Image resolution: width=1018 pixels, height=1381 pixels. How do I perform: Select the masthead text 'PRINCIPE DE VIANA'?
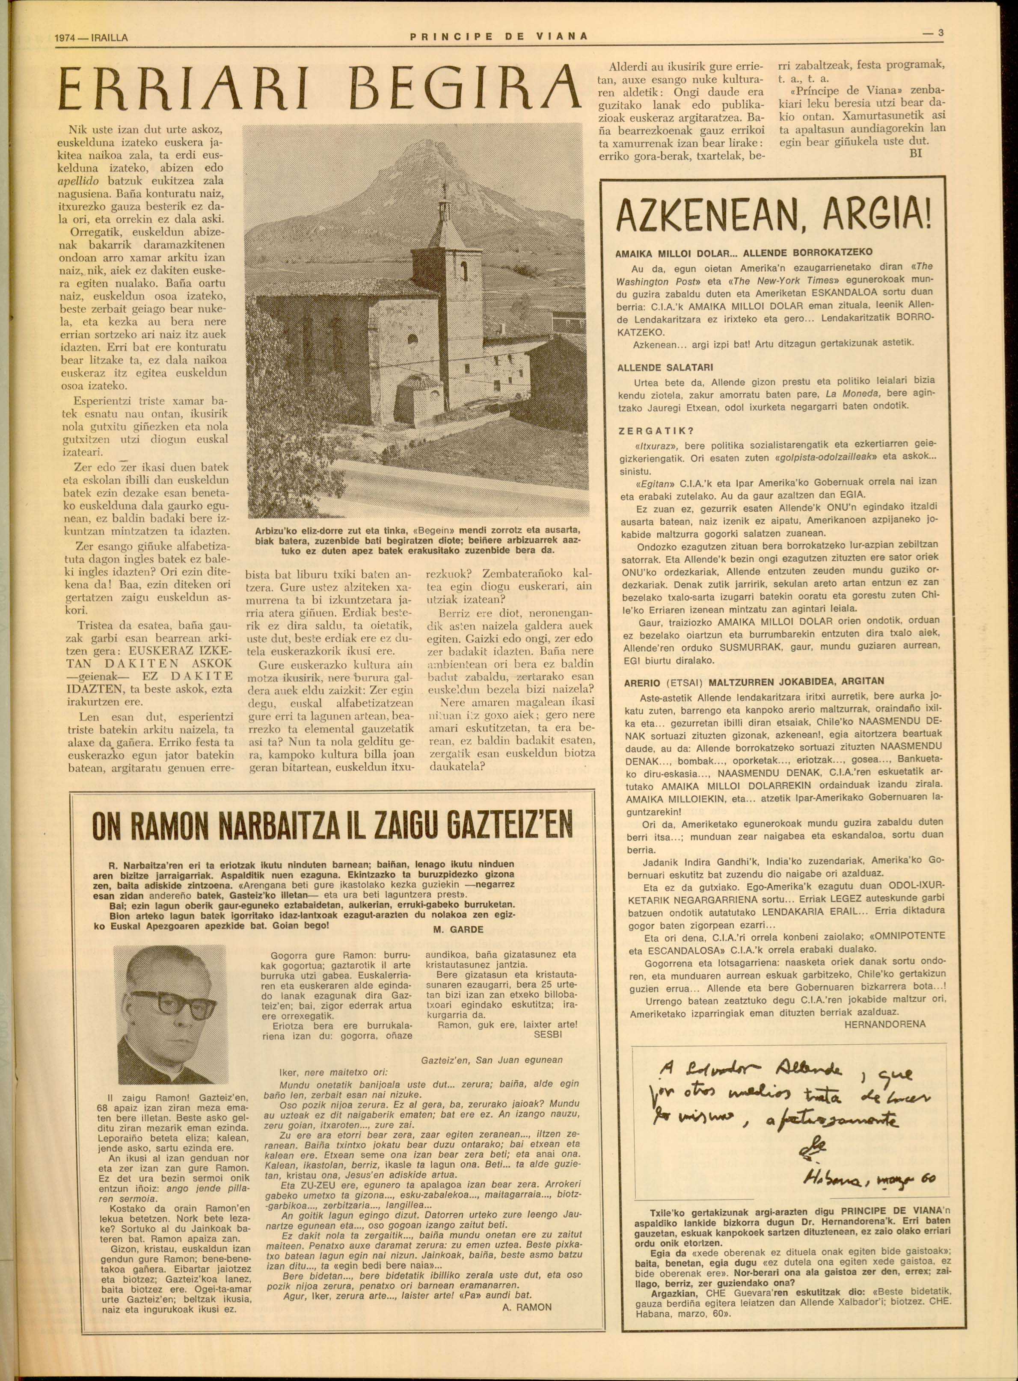[x=499, y=37]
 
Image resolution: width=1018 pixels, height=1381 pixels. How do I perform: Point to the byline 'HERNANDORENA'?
[x=885, y=1024]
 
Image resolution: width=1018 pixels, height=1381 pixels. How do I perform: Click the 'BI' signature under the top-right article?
[x=916, y=153]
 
